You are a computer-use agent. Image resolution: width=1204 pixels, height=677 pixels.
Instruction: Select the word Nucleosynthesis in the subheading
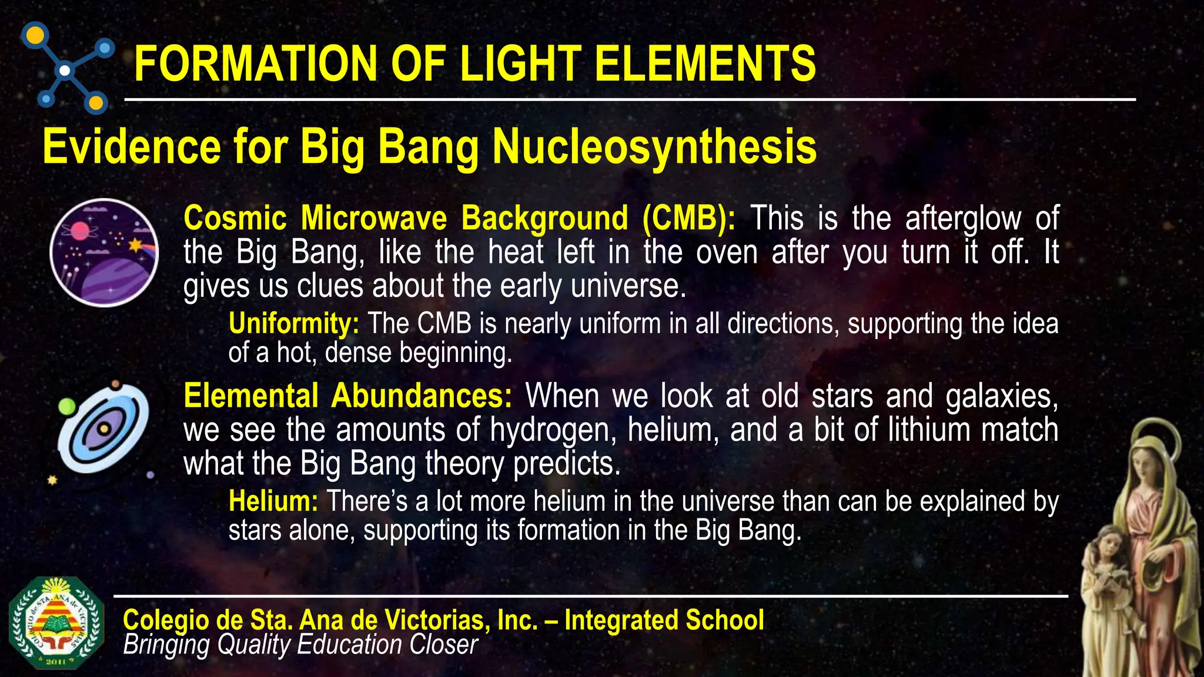point(654,147)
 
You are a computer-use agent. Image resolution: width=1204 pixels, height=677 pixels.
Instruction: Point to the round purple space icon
point(104,253)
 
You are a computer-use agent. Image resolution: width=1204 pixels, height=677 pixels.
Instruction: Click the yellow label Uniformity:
point(293,324)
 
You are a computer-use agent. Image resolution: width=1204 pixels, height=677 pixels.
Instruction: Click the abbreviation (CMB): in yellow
point(688,219)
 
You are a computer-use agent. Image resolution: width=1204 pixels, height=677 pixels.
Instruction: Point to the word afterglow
point(963,219)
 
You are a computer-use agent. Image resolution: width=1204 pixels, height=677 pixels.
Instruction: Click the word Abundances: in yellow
point(422,396)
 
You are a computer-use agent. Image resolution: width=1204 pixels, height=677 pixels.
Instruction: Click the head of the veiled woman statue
point(1150,461)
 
